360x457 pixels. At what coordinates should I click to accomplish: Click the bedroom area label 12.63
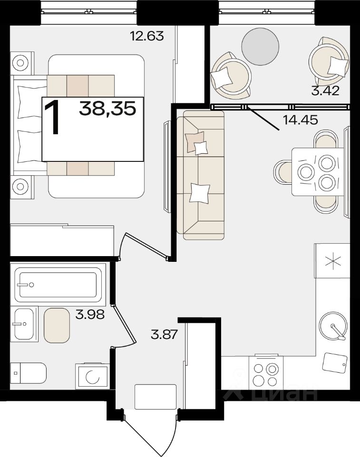(x=147, y=36)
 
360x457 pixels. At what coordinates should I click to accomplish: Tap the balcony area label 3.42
(x=325, y=91)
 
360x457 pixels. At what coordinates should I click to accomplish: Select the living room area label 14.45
(x=300, y=119)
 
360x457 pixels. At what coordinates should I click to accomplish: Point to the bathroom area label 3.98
(x=90, y=315)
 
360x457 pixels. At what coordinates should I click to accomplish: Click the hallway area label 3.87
(x=164, y=334)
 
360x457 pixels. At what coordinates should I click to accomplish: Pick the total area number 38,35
(x=107, y=109)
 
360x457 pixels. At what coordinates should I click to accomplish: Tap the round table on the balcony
(x=261, y=47)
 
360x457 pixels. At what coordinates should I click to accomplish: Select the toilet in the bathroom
(x=28, y=373)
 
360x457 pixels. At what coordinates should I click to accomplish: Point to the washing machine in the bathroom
(x=93, y=376)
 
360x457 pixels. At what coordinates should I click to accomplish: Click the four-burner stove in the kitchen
(x=266, y=372)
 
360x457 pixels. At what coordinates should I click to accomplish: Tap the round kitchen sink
(x=333, y=326)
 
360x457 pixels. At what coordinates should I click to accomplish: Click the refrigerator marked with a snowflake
(x=332, y=261)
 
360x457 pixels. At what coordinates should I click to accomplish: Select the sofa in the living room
(x=200, y=175)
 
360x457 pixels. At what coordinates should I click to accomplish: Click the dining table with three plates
(x=318, y=172)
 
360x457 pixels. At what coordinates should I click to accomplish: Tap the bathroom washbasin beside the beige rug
(x=24, y=324)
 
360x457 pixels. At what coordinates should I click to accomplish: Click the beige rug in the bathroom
(x=57, y=325)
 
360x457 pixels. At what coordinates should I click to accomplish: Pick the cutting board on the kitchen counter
(x=335, y=363)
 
